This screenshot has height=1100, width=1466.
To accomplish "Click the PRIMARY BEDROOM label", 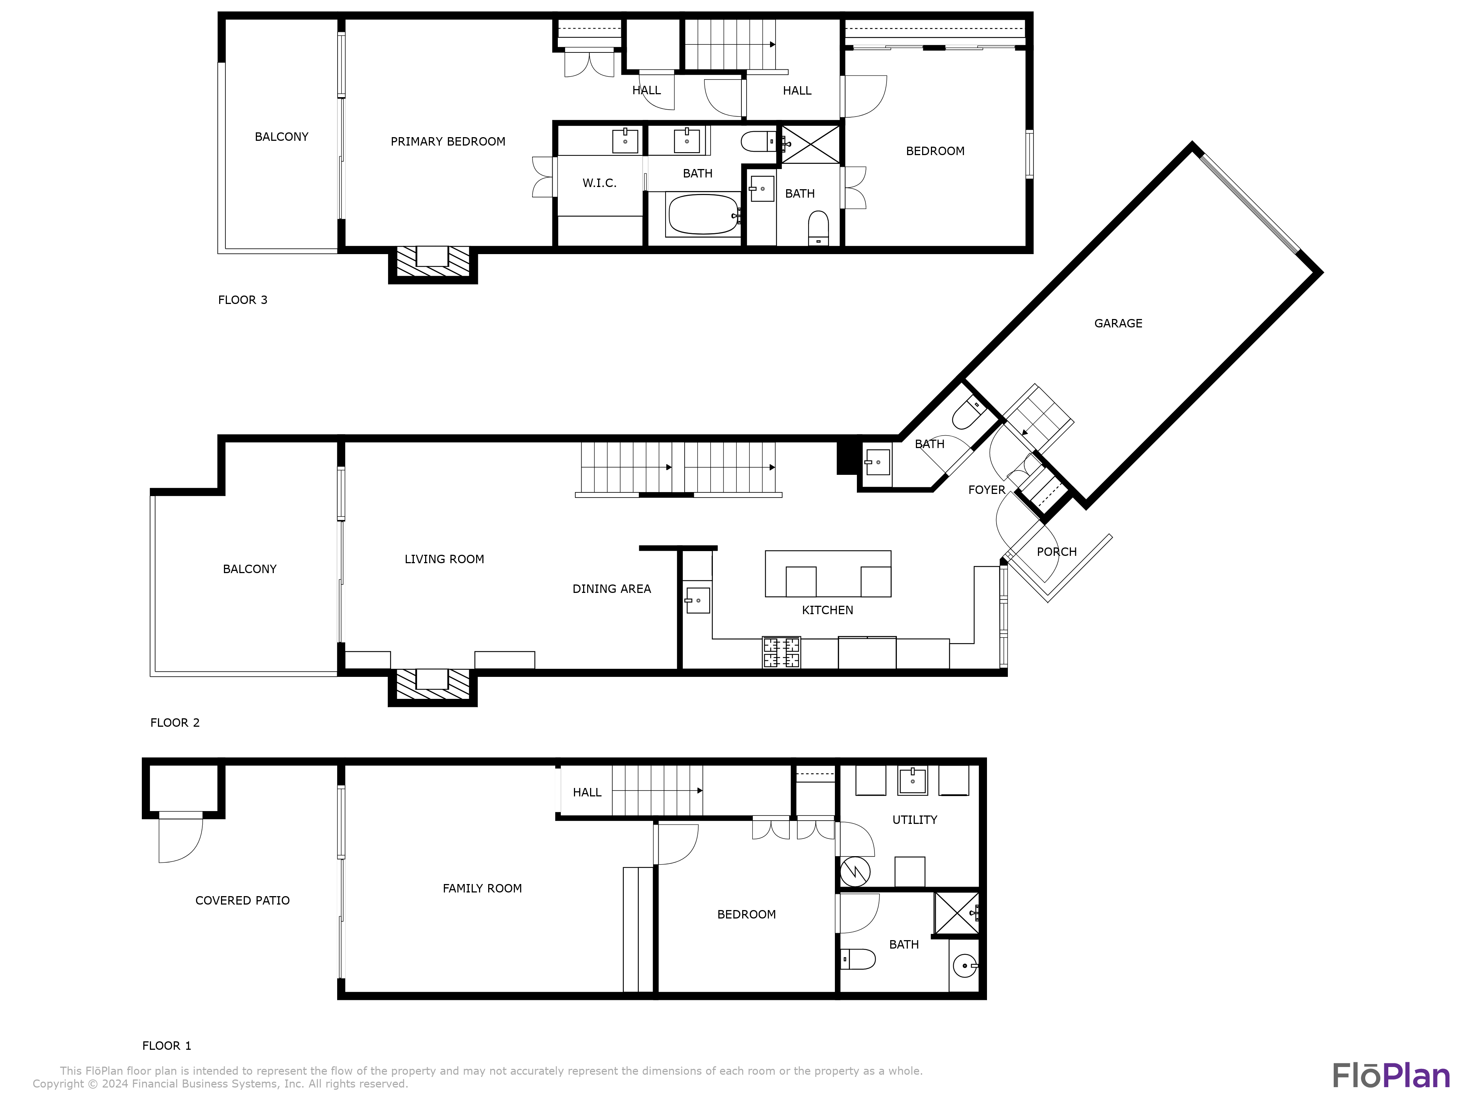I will point(447,141).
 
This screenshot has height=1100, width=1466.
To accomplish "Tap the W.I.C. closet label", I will point(599,183).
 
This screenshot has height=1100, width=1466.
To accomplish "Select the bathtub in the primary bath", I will point(703,214).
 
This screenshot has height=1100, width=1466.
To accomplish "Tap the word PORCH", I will point(1056,552).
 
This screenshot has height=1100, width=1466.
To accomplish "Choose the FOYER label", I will point(986,490).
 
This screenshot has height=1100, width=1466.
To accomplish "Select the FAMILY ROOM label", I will point(482,888).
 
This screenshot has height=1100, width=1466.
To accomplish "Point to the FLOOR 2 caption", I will point(174,723).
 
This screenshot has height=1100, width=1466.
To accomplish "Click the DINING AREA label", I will point(611,589).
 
